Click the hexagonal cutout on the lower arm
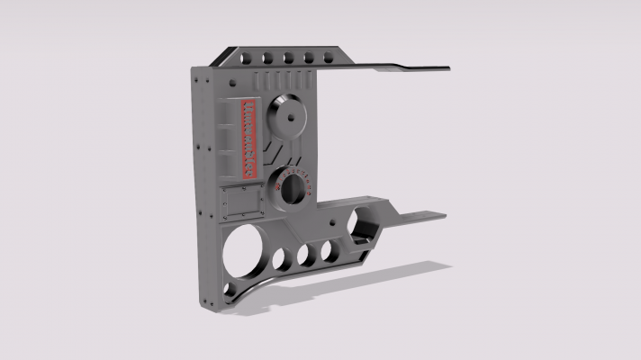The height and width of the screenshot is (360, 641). pyautogui.click(x=366, y=219)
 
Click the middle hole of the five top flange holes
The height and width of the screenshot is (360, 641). pyautogui.click(x=288, y=59)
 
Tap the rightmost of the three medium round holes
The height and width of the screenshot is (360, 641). pyautogui.click(x=330, y=250)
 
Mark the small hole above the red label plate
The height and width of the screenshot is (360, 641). pyautogui.click(x=237, y=85)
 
